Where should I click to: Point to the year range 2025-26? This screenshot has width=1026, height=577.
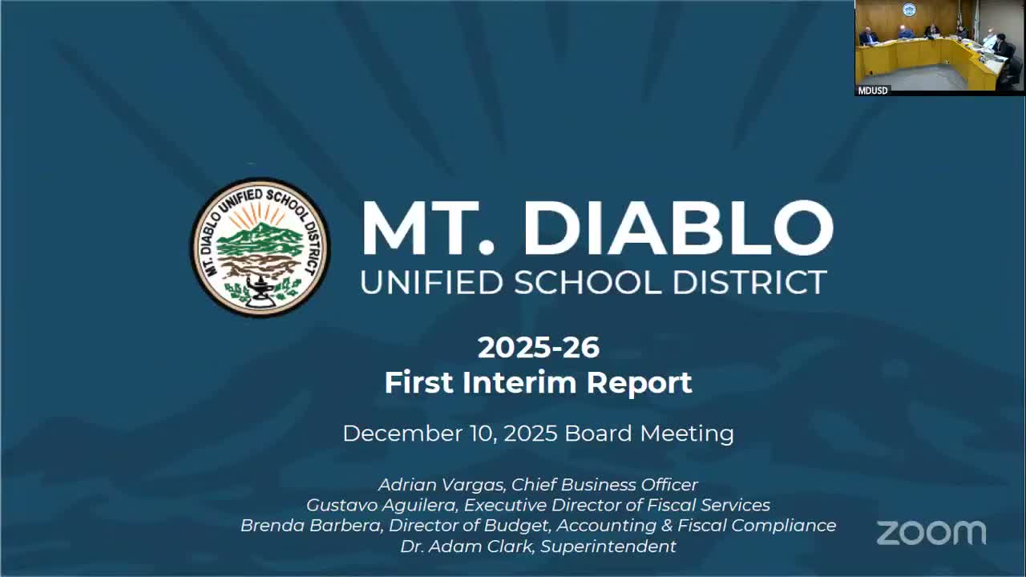[538, 347]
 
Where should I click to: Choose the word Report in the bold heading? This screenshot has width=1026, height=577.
[639, 382]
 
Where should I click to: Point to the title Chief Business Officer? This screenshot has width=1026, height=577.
[604, 485]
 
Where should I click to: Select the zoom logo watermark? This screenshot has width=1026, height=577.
[931, 533]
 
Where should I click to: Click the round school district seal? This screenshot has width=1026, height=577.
[260, 247]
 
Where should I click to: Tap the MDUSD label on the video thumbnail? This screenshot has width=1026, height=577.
[873, 91]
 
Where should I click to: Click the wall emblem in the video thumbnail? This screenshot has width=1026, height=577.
[908, 10]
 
